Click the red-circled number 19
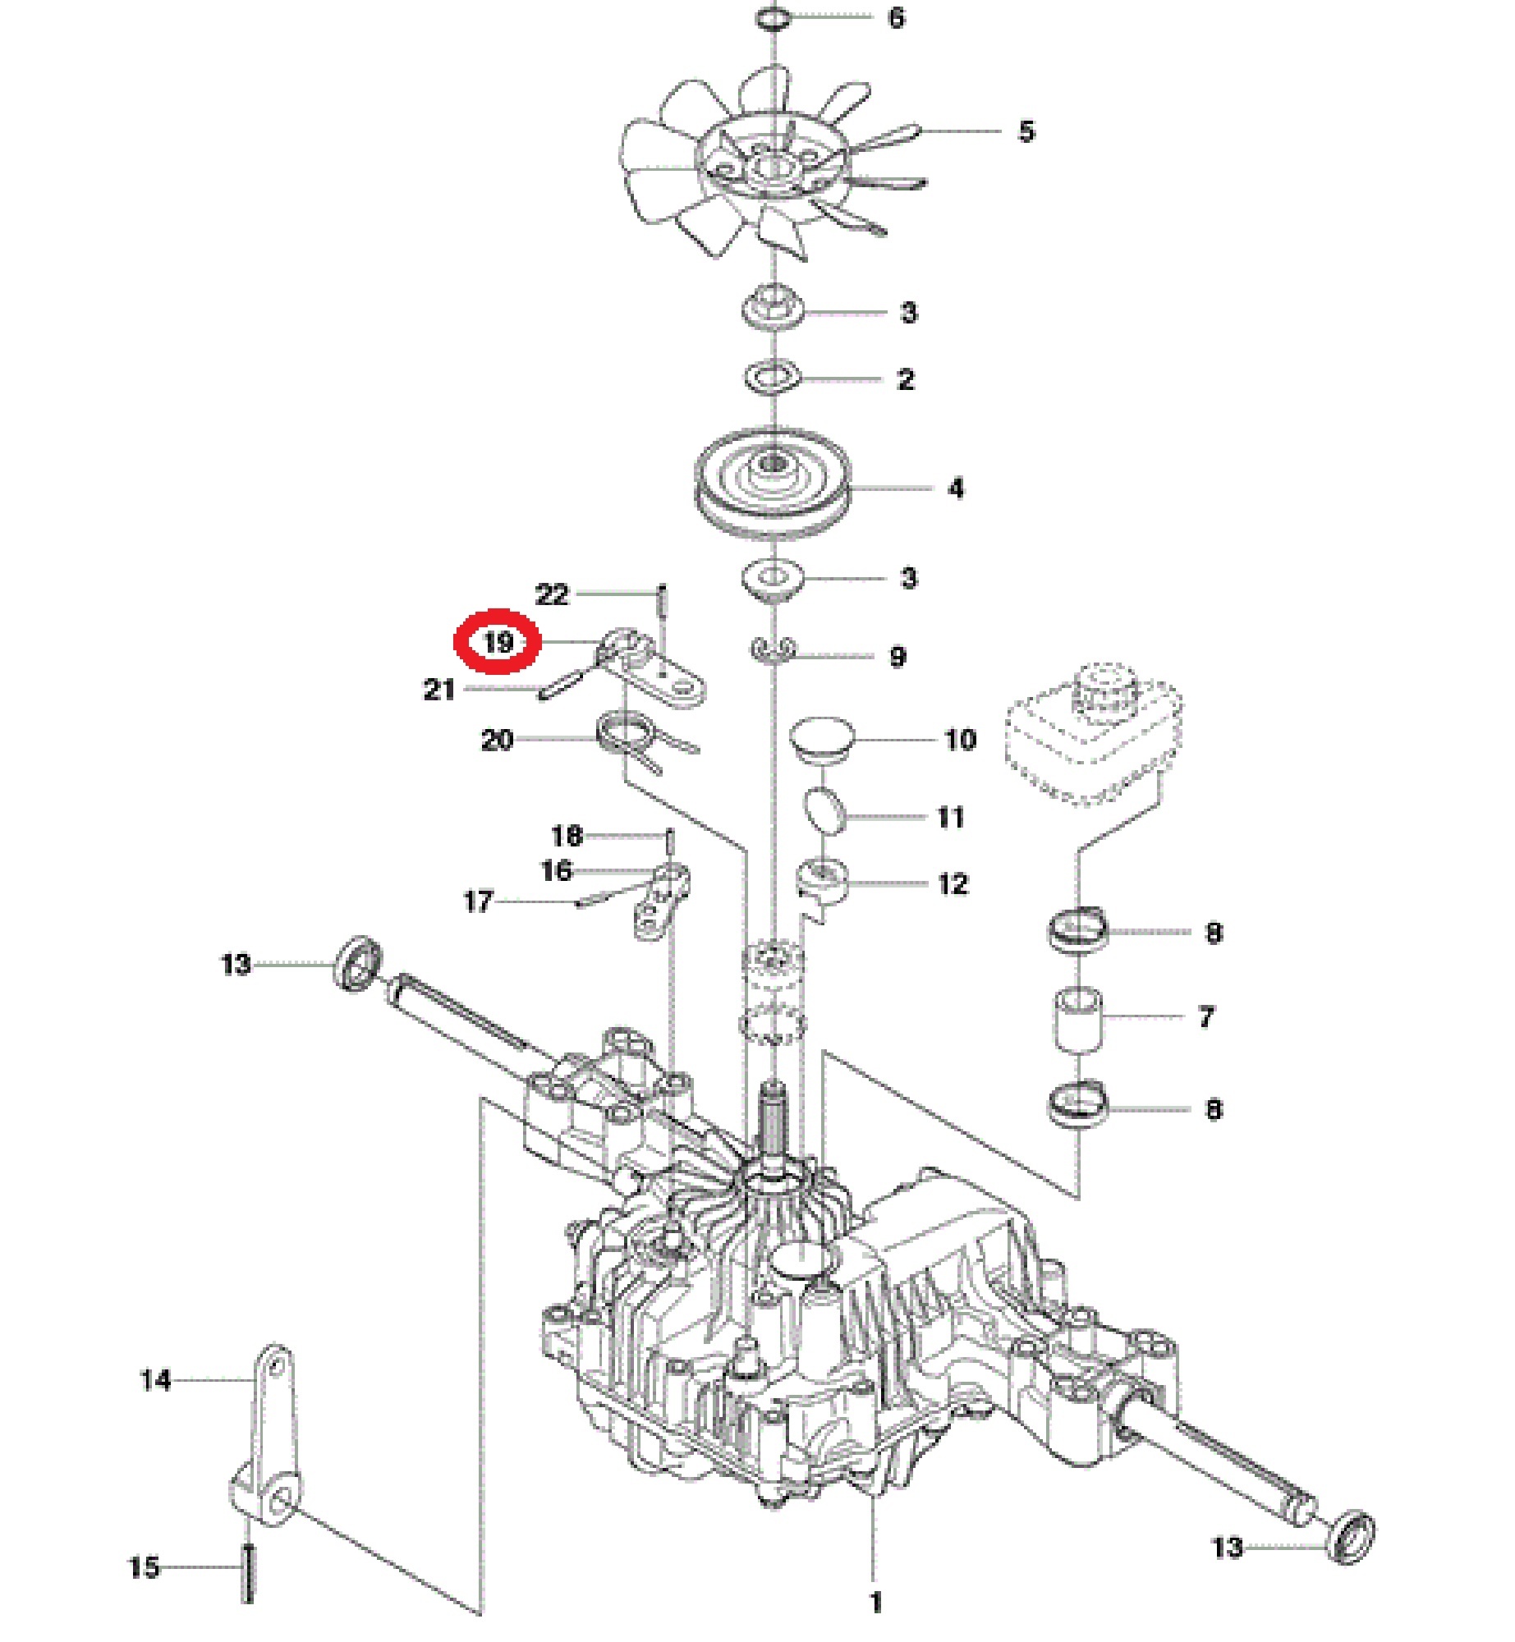point(498,641)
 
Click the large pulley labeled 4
point(771,489)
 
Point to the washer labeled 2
point(772,378)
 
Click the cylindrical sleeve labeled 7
point(1078,1019)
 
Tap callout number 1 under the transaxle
point(875,1602)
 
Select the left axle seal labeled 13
point(357,961)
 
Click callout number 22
point(552,594)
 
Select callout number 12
point(953,884)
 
